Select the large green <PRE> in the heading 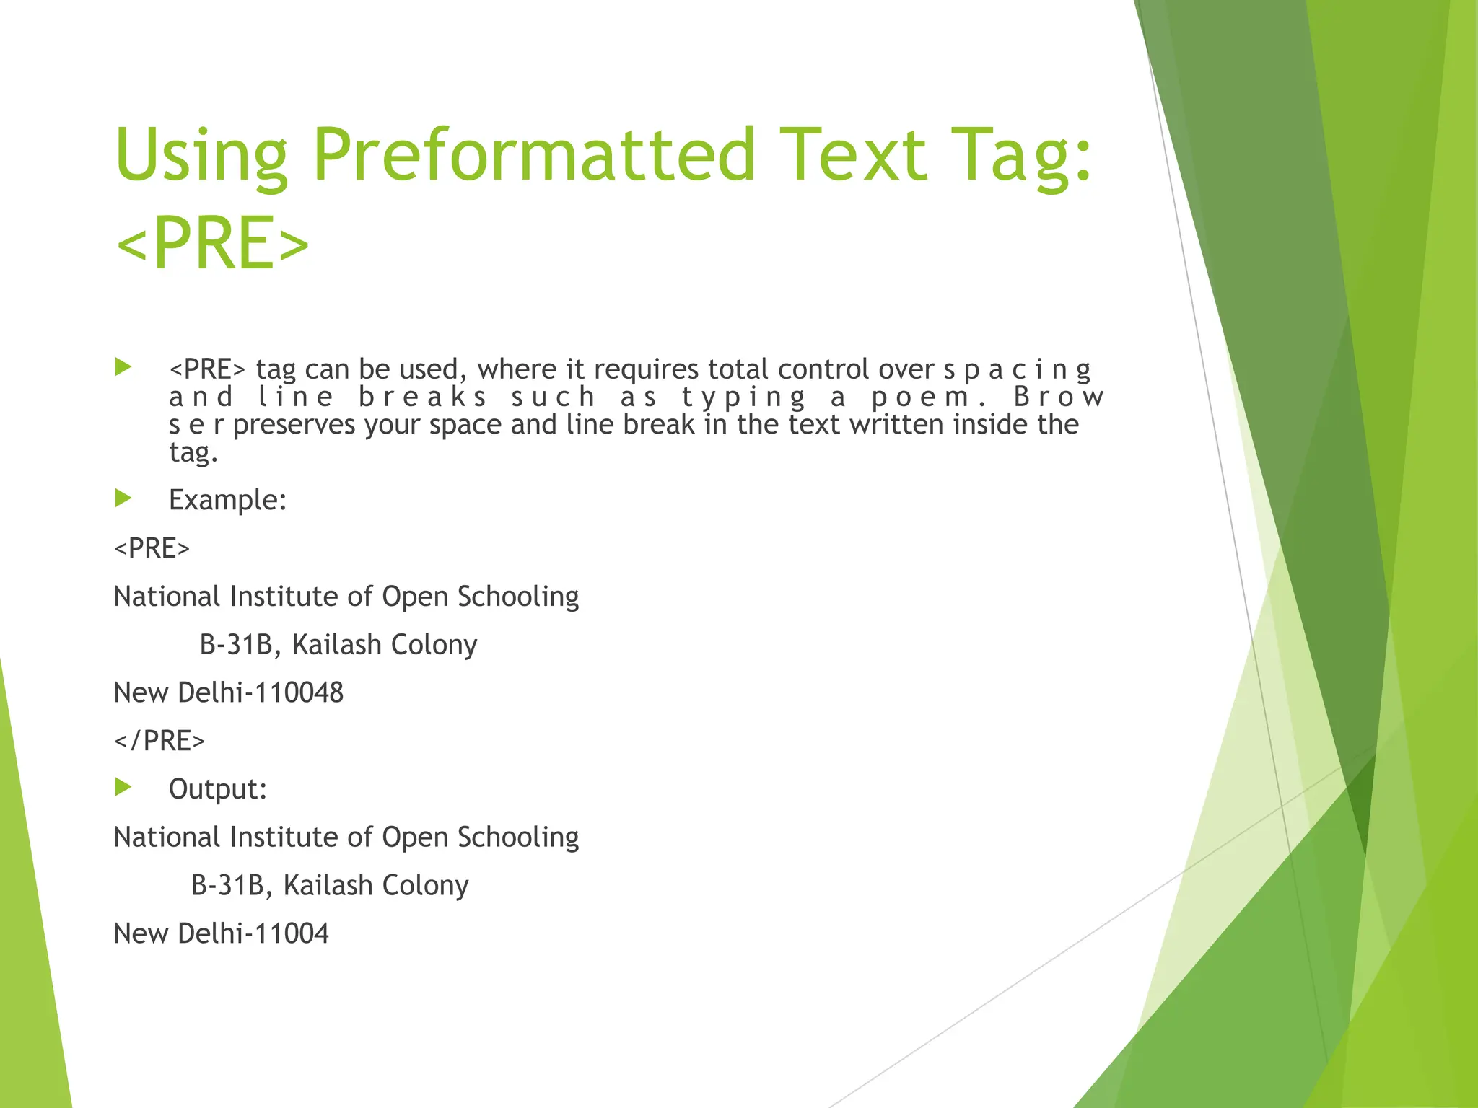tap(212, 243)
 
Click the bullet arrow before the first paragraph tap(123, 367)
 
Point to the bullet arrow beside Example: tap(123, 498)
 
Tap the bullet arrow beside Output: tap(123, 787)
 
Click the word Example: tap(227, 500)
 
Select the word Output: tap(218, 789)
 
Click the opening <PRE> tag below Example tap(152, 548)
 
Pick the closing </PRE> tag tap(159, 741)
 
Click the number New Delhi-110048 tap(228, 692)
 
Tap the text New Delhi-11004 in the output tap(221, 933)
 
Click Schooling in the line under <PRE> tap(517, 597)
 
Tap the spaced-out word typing tap(743, 397)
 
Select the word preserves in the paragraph tap(294, 425)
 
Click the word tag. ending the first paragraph tap(193, 452)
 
